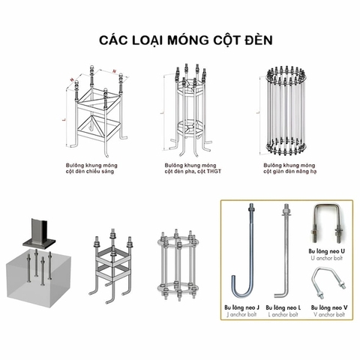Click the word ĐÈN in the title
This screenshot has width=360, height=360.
click(254, 37)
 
